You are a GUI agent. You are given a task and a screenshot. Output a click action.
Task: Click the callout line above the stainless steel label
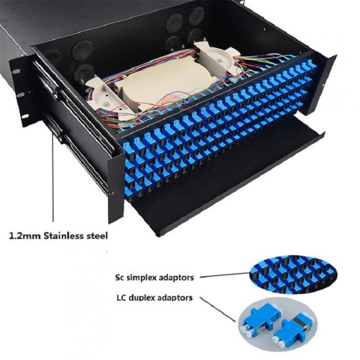click(x=52, y=175)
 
